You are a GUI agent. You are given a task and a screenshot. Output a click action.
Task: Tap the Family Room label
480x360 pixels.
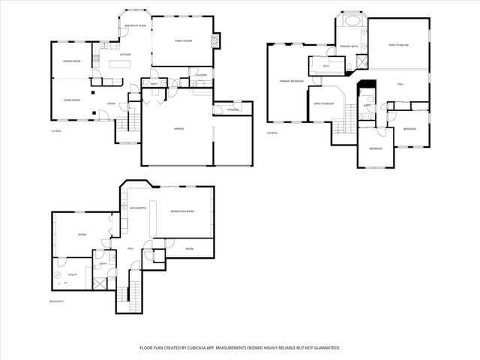pyautogui.click(x=184, y=40)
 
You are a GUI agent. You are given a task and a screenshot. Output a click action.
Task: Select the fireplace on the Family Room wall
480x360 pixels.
pyautogui.click(x=217, y=40)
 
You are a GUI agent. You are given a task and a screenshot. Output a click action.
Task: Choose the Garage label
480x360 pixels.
pyautogui.click(x=179, y=128)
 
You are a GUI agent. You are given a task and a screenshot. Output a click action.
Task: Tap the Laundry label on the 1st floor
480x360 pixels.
pyautogui.click(x=201, y=75)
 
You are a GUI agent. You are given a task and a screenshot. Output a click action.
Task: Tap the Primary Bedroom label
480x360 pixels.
pyautogui.click(x=291, y=81)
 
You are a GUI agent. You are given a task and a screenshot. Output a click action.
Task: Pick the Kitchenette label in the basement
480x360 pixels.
pyautogui.click(x=138, y=208)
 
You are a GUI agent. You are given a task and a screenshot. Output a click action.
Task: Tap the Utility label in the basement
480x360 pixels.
pyautogui.click(x=72, y=275)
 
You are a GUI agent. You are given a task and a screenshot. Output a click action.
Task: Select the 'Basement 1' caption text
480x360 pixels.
pyautogui.click(x=57, y=301)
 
